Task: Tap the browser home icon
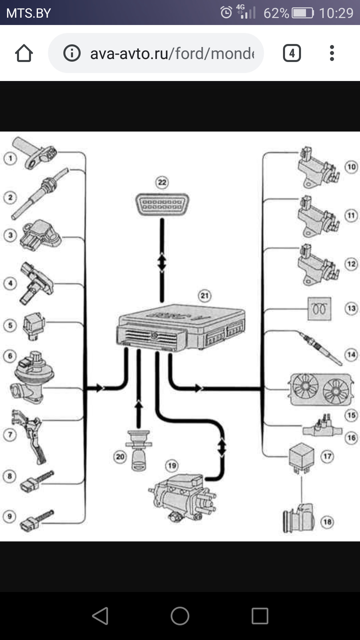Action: (24, 53)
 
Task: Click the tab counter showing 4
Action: (292, 53)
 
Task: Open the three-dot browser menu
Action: (332, 53)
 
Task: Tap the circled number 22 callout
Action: (162, 182)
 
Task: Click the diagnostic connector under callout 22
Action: (162, 204)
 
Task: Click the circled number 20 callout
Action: (120, 456)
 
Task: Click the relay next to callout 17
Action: (301, 456)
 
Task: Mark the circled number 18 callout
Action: (327, 522)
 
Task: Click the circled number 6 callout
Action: (10, 356)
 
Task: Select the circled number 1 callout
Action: (10, 158)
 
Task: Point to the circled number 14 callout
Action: (351, 354)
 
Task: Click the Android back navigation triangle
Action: (100, 616)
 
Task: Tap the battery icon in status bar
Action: (303, 13)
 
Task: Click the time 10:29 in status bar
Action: (336, 13)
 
